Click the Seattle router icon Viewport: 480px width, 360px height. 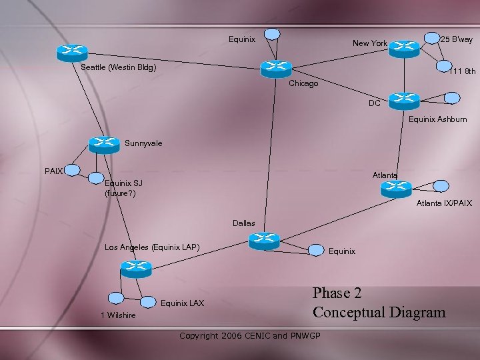(72, 52)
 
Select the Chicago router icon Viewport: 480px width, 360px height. (276, 68)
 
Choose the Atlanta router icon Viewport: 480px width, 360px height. (397, 189)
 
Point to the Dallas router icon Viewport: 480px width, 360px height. (264, 241)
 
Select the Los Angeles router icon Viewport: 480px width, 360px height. (137, 269)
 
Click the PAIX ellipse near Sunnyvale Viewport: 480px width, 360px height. (73, 171)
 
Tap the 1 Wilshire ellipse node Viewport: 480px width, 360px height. (117, 299)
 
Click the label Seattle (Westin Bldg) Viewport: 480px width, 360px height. (119, 67)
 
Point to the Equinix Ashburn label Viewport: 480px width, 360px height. (437, 119)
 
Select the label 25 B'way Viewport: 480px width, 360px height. (457, 39)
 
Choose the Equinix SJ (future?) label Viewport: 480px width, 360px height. (124, 188)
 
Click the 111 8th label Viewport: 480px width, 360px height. (462, 71)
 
